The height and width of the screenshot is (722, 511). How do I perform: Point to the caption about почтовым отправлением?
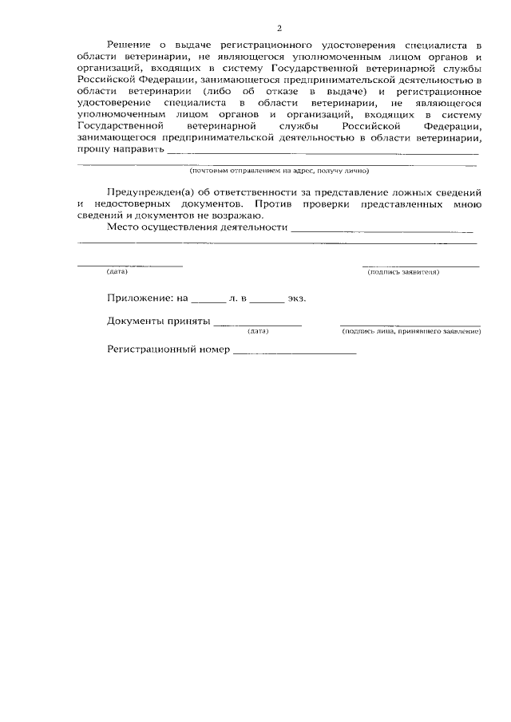pos(279,170)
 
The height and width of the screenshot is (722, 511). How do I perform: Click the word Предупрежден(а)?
pos(148,194)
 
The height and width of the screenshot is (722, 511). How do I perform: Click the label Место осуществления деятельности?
pos(196,227)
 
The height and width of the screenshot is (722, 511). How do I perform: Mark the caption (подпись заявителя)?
pos(403,272)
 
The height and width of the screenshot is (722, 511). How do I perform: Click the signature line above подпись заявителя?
pos(421,266)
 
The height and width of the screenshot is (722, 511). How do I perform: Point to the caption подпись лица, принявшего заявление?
pos(410,330)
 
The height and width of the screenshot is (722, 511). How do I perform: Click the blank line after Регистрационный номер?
pos(294,353)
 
